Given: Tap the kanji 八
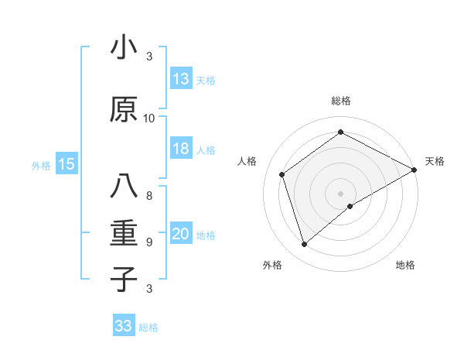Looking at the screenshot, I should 124,187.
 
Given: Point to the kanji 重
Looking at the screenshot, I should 124,232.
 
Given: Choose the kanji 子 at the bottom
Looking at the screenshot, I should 124,278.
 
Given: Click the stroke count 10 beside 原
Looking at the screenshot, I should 149,118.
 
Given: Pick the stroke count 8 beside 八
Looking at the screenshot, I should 149,195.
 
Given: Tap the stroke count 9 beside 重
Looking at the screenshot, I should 149,242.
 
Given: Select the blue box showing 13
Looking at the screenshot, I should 181,79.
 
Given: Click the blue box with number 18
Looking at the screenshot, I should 181,149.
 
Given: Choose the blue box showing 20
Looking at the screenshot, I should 181,235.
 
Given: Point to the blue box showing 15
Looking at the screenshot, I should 66,164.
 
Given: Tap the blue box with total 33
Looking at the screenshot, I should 124,326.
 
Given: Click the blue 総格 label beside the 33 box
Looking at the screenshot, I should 148,328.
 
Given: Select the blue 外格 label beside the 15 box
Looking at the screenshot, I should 41,165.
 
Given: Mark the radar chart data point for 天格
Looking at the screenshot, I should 415,170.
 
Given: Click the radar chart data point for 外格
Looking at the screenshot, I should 305,245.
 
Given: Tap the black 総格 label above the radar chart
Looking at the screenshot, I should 341,101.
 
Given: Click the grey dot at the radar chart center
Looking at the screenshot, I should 340,192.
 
